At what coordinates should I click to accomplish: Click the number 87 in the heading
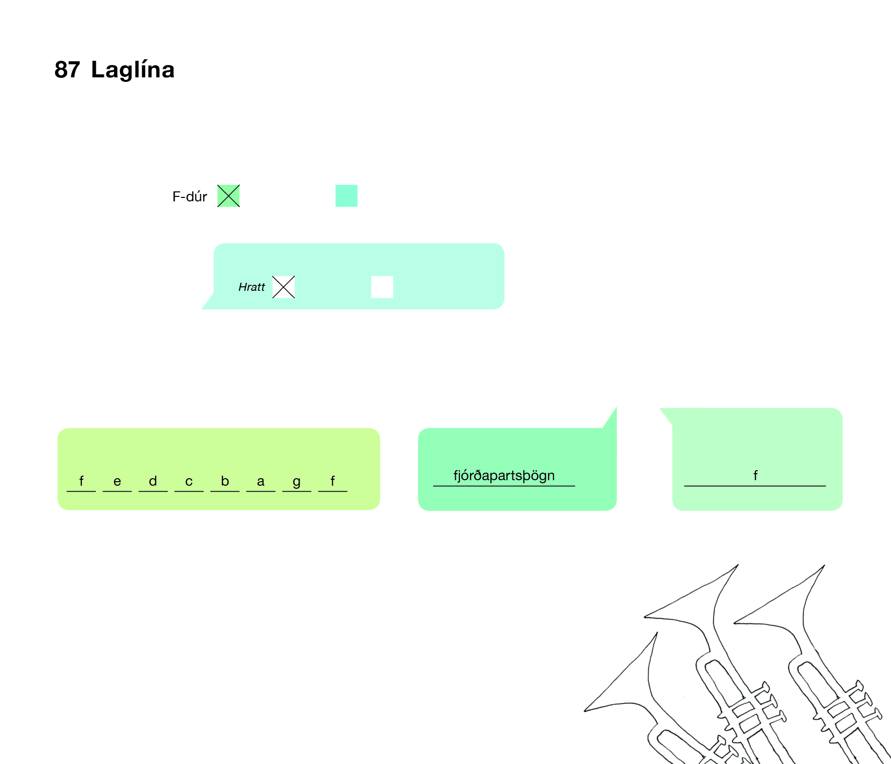[x=67, y=69]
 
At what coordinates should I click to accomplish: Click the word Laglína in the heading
[x=133, y=69]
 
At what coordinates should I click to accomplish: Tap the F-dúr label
[x=189, y=196]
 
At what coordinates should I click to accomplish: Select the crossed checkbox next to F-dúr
[x=228, y=196]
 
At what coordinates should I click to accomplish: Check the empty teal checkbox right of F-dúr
[x=346, y=196]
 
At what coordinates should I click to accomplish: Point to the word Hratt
[x=251, y=287]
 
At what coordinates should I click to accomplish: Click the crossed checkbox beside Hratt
[x=284, y=287]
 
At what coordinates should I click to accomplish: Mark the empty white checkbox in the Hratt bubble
[x=382, y=287]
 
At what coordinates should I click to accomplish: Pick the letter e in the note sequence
[x=117, y=481]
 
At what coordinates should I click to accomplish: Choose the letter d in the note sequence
[x=153, y=481]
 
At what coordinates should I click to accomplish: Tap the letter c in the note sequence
[x=189, y=481]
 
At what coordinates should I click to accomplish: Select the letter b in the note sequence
[x=225, y=481]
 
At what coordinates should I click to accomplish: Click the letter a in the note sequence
[x=261, y=481]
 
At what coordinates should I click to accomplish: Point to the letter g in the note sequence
[x=297, y=481]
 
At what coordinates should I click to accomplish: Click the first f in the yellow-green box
[x=81, y=481]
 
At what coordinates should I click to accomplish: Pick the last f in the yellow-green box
[x=332, y=481]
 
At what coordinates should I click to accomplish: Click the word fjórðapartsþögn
[x=504, y=475]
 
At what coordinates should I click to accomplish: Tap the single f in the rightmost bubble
[x=755, y=475]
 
